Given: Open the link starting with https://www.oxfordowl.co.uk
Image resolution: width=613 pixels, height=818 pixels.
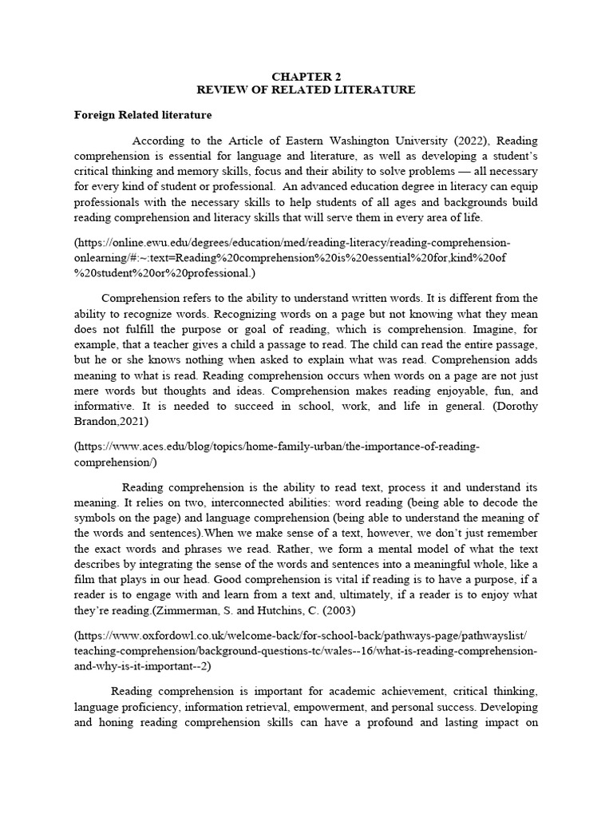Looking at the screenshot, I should pyautogui.click(x=303, y=635).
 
